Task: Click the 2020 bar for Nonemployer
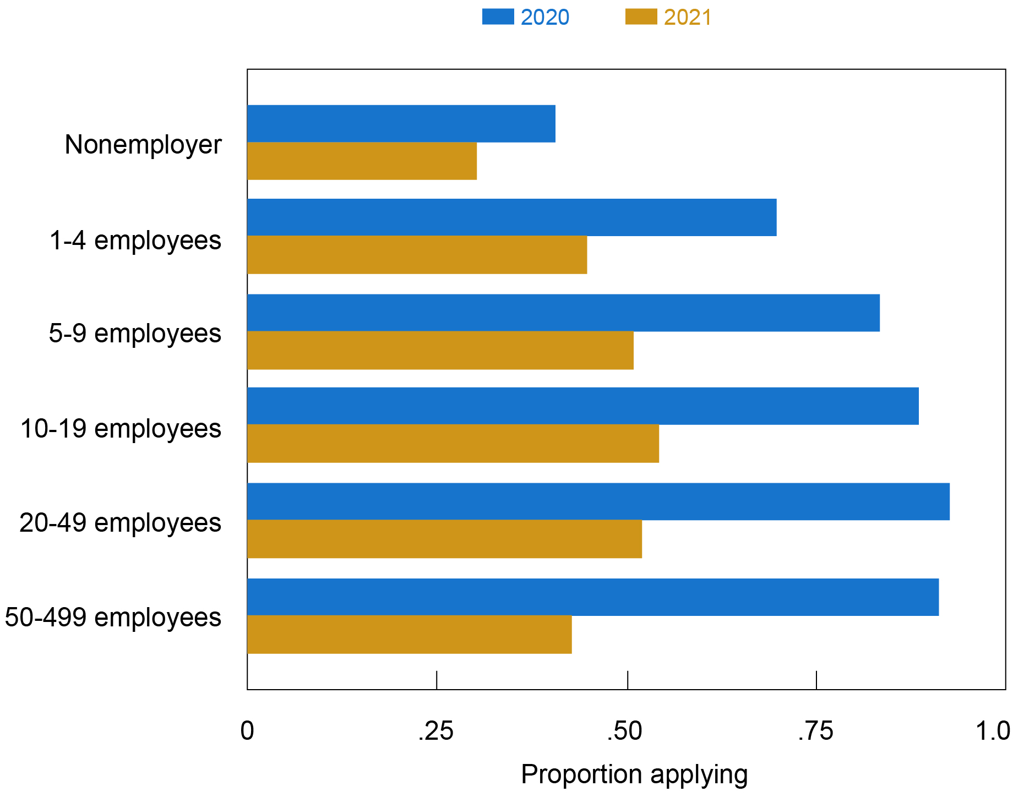(x=401, y=124)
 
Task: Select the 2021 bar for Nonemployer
(x=362, y=161)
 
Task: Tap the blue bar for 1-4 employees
(x=511, y=217)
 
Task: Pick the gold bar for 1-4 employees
(x=417, y=254)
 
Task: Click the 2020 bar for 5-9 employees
(x=563, y=313)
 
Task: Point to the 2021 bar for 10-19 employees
(x=453, y=443)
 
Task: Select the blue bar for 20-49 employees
(x=598, y=501)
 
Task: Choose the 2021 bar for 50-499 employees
(x=409, y=634)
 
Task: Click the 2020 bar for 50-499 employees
(x=592, y=597)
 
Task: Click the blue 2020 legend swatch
(x=498, y=17)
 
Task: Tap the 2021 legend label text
(x=688, y=18)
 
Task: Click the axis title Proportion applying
(x=634, y=774)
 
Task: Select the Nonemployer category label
(x=143, y=145)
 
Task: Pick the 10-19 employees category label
(x=121, y=428)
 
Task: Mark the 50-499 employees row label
(x=113, y=617)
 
